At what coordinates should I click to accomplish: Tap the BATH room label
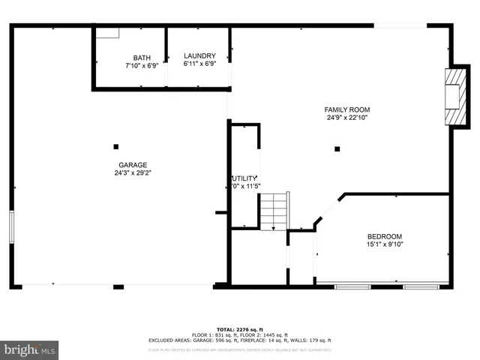tap(141, 58)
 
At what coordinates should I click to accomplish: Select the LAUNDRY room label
tap(199, 56)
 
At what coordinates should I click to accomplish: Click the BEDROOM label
tap(384, 235)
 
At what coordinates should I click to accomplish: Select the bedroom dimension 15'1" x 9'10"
tap(384, 244)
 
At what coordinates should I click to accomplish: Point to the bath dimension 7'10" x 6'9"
tap(141, 65)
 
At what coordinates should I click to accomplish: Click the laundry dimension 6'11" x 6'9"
tap(199, 64)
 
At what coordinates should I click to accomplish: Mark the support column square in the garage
tap(115, 146)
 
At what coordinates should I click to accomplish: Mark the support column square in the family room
tap(337, 148)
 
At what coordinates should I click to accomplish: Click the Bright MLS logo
tap(30, 349)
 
